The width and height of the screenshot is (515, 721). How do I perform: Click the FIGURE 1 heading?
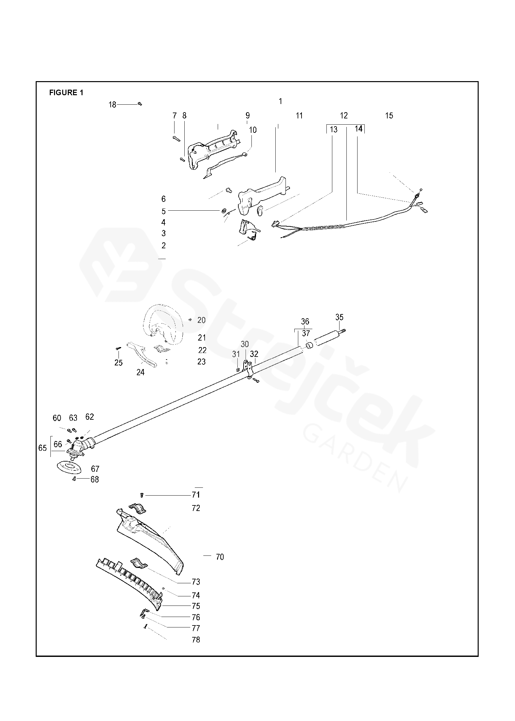66,93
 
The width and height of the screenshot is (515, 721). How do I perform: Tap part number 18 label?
112,105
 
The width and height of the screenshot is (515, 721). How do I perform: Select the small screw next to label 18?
140,104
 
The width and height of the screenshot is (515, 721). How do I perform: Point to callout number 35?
340,317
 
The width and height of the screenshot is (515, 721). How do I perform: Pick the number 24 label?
140,372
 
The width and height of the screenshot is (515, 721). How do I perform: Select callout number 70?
220,557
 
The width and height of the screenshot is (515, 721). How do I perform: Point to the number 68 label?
95,480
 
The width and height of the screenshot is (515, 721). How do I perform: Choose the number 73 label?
196,582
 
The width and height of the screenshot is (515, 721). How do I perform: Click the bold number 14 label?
359,129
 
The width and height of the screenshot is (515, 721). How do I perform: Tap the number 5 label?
164,211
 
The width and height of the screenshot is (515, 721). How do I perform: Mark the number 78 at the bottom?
196,640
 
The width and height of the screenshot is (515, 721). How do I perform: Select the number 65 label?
43,448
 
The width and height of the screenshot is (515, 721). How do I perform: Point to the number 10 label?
253,130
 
